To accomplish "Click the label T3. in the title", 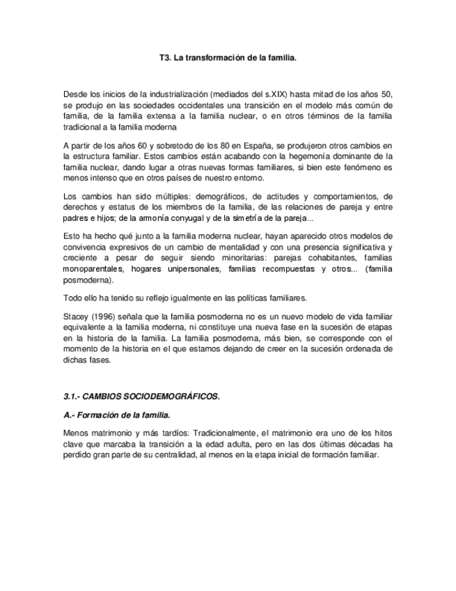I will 165,59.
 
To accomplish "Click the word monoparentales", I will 93,270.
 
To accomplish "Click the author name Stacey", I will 76,316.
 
